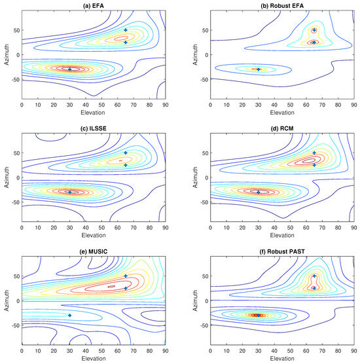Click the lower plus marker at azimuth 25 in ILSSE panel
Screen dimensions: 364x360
pyautogui.click(x=126, y=165)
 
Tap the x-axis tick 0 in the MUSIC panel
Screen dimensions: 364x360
pyautogui.click(x=22, y=350)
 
